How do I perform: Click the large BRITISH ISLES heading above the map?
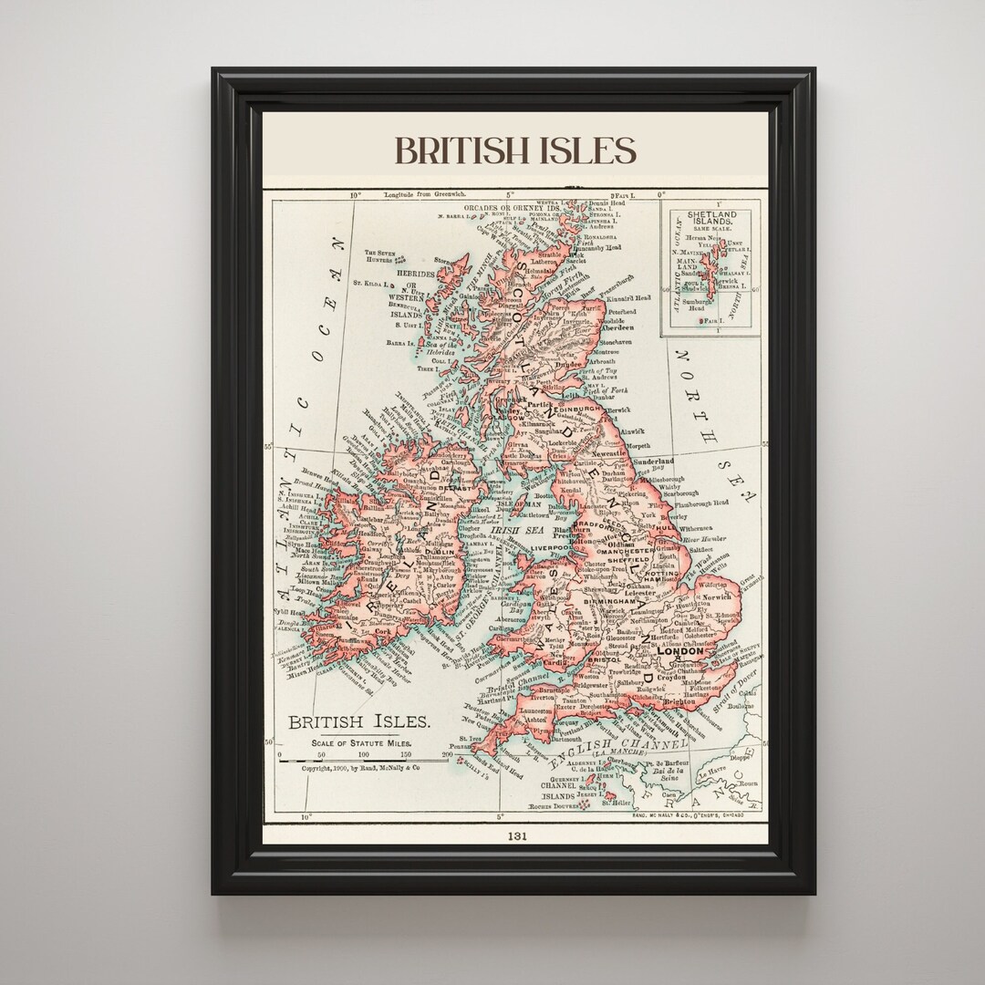514,150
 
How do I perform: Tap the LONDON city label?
679,651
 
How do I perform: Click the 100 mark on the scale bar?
363,754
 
